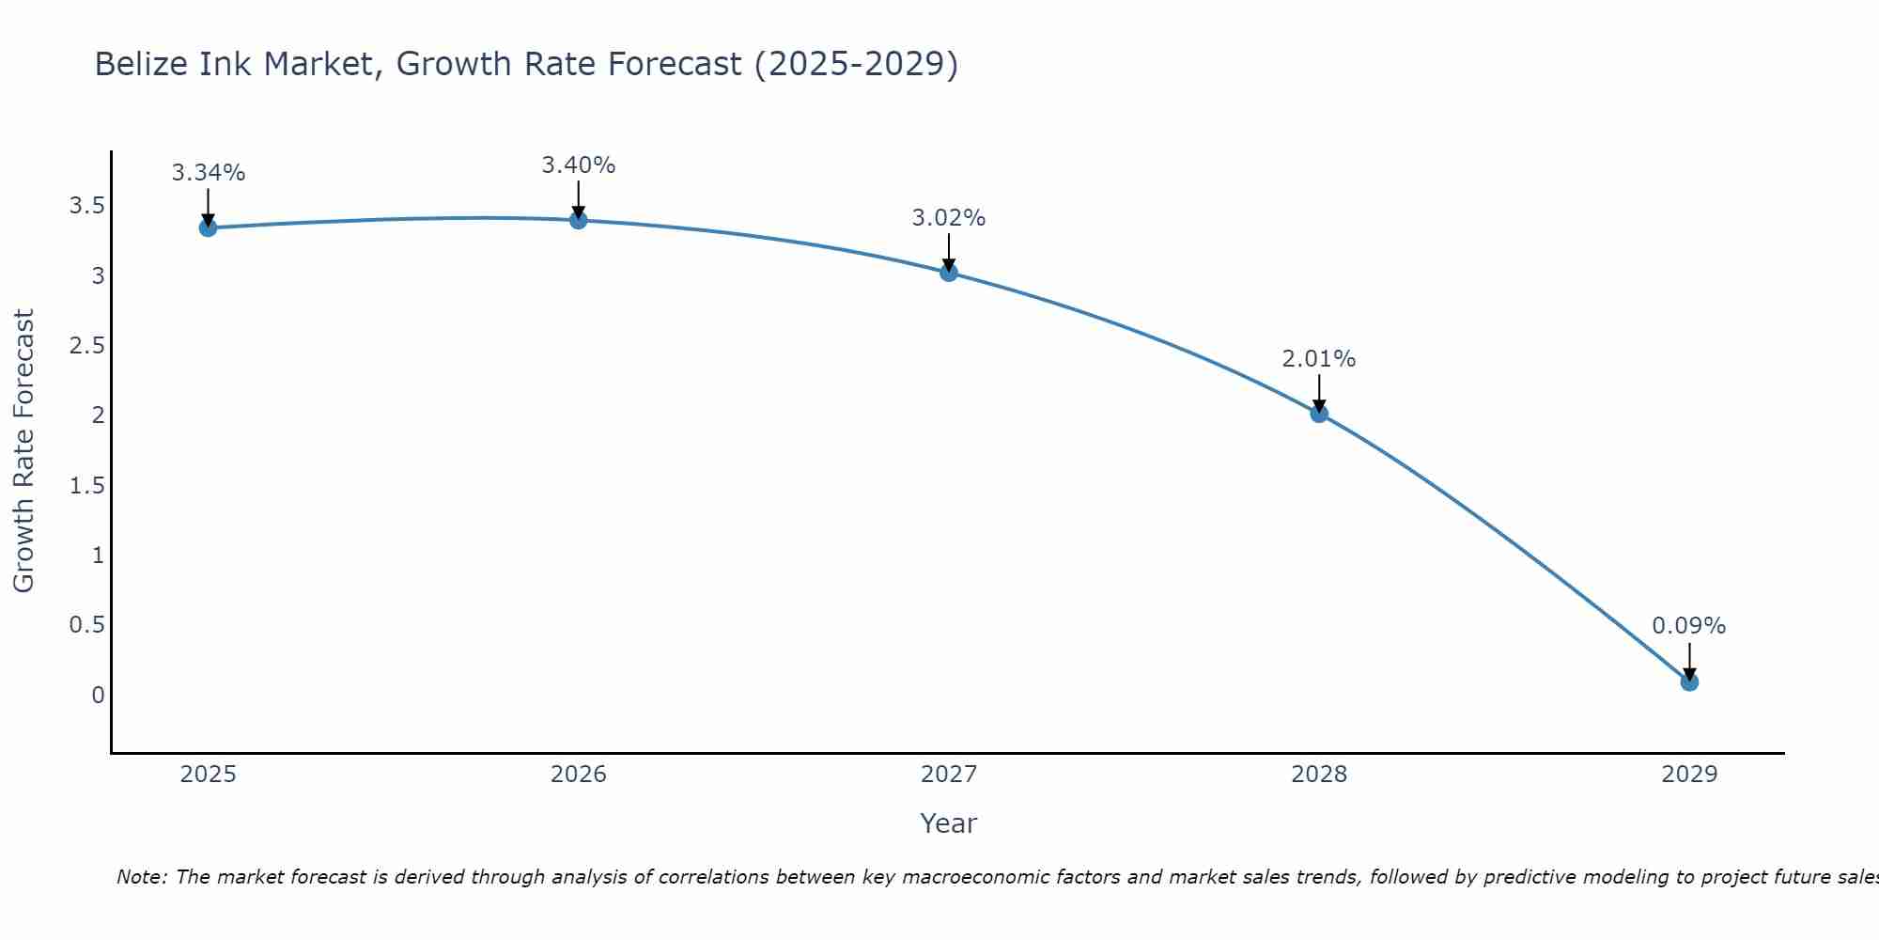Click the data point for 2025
click(209, 227)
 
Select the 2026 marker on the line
click(579, 220)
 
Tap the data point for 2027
click(949, 273)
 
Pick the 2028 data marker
click(1319, 414)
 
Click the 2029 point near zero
click(1689, 681)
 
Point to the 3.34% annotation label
click(209, 173)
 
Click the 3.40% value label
click(579, 165)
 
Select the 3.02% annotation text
click(949, 218)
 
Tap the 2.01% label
click(1319, 359)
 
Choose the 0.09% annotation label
click(1689, 626)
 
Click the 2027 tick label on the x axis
click(949, 775)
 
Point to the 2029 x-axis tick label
click(1689, 775)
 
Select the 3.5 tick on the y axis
click(87, 206)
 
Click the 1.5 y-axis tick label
click(87, 485)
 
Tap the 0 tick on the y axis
click(98, 696)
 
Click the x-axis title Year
click(949, 823)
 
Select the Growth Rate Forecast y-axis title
click(23, 451)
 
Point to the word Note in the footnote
click(141, 877)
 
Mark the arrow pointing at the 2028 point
click(1319, 393)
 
